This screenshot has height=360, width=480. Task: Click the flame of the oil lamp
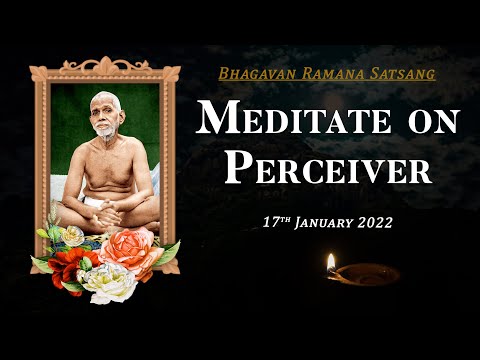pos(331,263)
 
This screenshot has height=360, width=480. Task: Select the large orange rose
pos(130,250)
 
